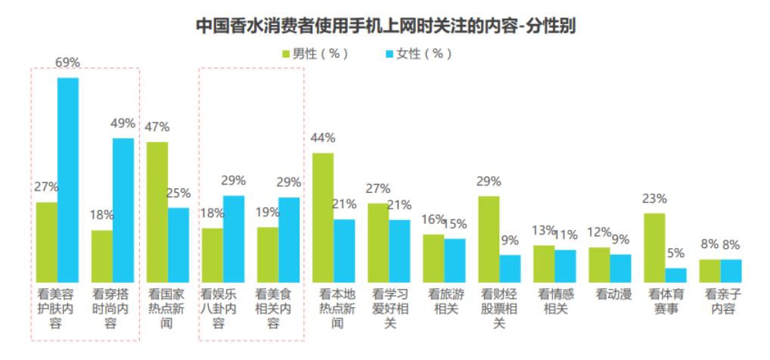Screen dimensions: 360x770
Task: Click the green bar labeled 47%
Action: point(157,212)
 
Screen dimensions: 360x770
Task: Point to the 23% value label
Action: point(654,199)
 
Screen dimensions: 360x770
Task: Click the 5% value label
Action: point(676,253)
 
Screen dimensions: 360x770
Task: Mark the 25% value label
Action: point(179,193)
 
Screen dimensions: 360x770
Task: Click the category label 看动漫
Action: point(610,294)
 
